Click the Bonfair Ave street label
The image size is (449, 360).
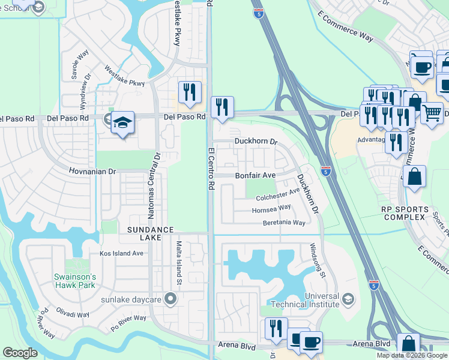click(255, 175)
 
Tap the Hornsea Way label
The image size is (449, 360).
click(271, 208)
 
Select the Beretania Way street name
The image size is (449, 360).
click(284, 223)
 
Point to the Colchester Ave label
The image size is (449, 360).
click(277, 194)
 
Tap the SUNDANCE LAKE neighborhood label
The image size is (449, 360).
click(150, 235)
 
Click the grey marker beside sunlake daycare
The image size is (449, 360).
click(171, 298)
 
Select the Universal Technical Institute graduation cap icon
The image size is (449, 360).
click(347, 298)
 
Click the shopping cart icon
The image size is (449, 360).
click(431, 112)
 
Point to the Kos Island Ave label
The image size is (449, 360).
click(121, 253)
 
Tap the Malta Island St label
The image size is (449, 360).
click(179, 263)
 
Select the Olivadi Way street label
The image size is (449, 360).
click(74, 314)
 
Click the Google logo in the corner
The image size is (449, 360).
click(20, 353)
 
